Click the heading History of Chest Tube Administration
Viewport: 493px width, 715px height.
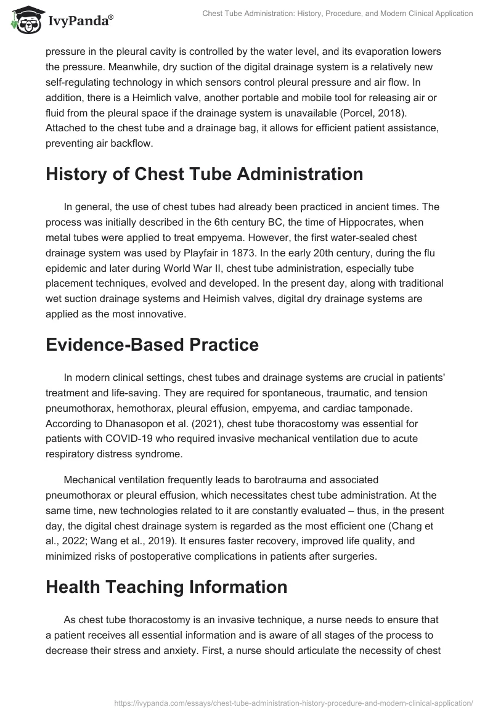pos(204,174)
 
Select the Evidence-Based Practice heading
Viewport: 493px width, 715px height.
pos(152,345)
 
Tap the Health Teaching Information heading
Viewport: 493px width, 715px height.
pos(166,587)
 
